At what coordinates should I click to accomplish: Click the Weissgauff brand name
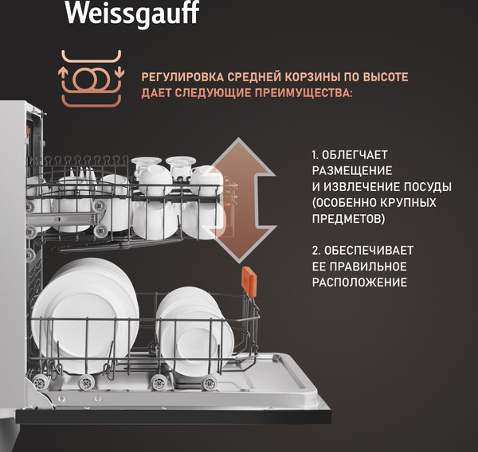[x=131, y=13]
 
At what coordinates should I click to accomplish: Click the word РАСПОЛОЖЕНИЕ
[x=359, y=282]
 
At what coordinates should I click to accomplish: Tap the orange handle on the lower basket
[x=248, y=281]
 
